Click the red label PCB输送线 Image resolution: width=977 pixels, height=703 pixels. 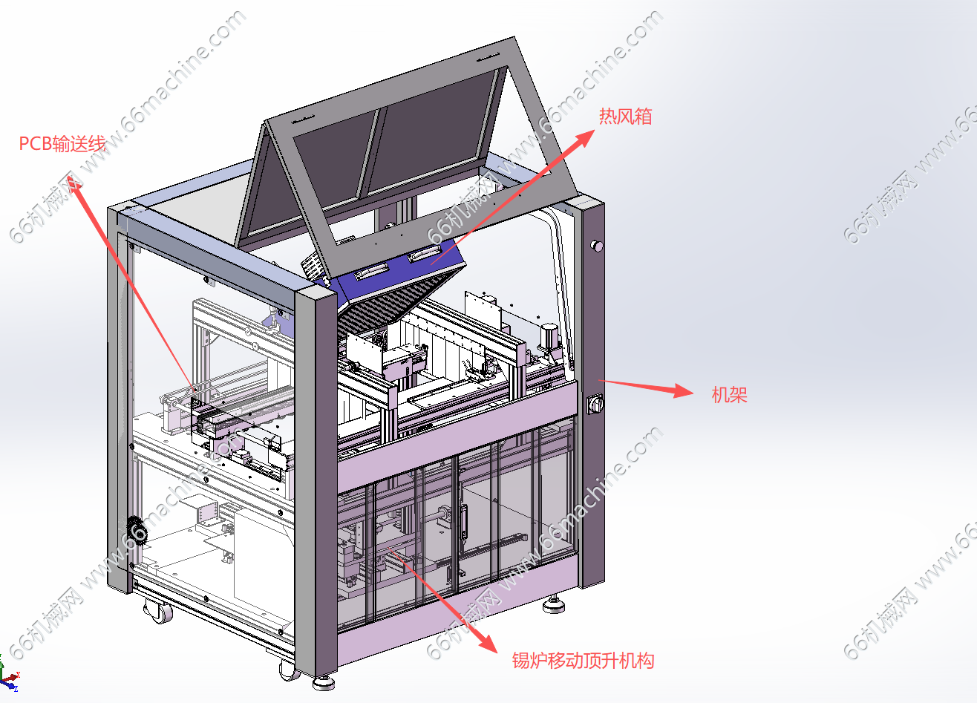62,143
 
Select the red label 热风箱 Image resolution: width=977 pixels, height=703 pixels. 625,117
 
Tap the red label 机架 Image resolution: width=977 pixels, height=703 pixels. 729,395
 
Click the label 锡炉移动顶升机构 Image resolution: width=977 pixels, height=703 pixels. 583,661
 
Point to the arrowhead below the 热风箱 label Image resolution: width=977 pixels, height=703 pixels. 584,138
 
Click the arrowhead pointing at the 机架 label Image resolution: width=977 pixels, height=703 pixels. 683,390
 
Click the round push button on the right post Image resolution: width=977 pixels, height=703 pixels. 596,246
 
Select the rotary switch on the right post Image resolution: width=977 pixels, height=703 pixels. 595,404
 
